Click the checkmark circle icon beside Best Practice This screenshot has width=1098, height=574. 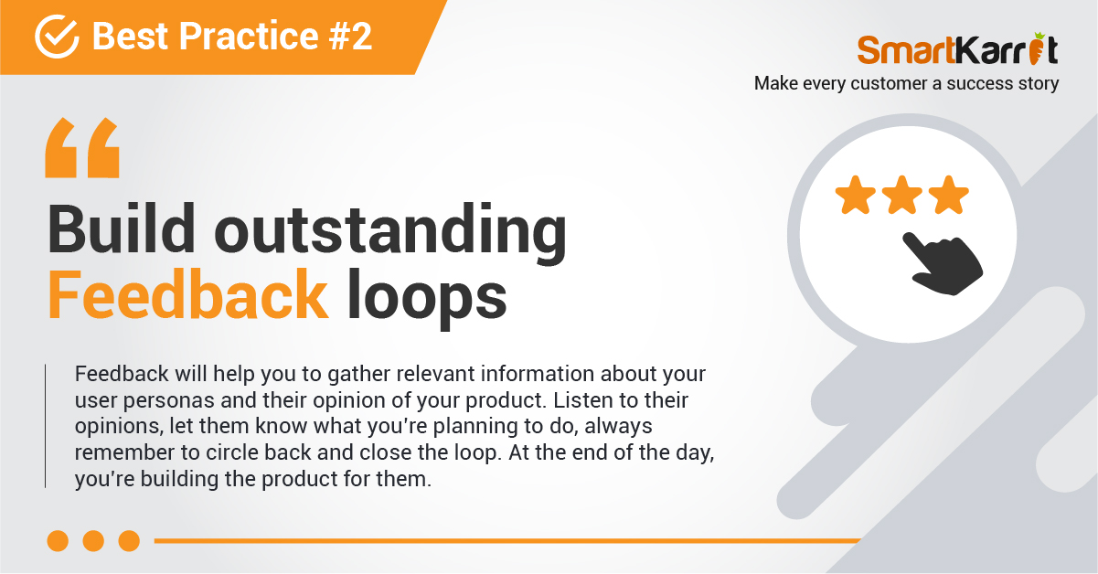click(x=57, y=37)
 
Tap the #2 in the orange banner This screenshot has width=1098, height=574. click(x=350, y=37)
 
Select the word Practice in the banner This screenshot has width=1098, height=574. click(x=249, y=37)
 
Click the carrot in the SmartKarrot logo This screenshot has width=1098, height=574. click(x=1038, y=48)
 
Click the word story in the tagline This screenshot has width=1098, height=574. click(x=1039, y=84)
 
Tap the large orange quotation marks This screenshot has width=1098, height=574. click(x=82, y=147)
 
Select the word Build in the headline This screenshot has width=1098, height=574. click(x=121, y=229)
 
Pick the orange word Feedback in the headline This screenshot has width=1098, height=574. click(x=187, y=294)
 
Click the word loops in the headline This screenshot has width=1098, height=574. click(x=426, y=299)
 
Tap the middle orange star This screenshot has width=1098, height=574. click(x=902, y=195)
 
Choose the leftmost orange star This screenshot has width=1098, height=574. click(x=856, y=195)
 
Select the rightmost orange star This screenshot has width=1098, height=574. click(x=948, y=195)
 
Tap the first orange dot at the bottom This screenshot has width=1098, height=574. click(x=58, y=541)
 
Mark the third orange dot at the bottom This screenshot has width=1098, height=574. click(x=130, y=541)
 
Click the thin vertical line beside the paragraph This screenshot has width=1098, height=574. click(x=45, y=426)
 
